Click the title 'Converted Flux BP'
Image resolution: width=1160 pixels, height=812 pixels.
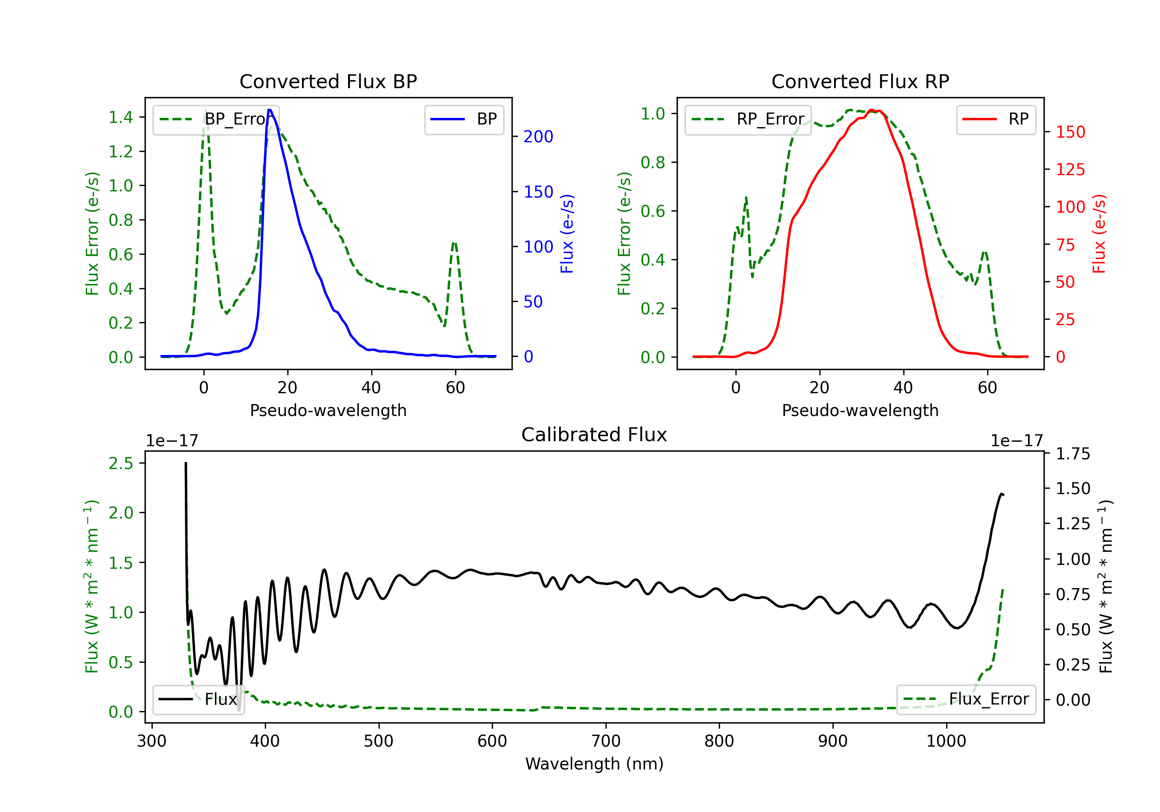328,81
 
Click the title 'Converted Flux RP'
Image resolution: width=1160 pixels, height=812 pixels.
860,81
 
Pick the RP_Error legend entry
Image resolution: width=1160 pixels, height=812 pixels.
748,119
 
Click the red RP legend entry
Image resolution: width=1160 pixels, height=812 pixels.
996,119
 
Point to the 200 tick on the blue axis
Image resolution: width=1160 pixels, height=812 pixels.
538,136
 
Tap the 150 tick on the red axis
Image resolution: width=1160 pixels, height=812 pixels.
1070,132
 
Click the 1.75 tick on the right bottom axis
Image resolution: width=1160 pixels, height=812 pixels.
1073,454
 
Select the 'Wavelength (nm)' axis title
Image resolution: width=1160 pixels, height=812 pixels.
594,764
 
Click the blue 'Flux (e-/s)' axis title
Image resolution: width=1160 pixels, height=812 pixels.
567,234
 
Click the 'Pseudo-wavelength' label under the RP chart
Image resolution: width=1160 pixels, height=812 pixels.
860,410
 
